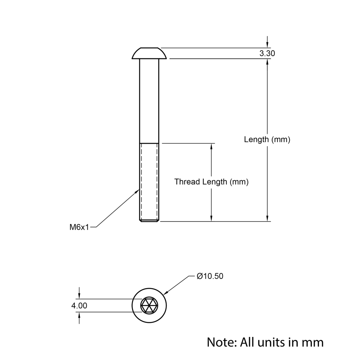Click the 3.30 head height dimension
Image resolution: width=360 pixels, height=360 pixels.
click(267, 53)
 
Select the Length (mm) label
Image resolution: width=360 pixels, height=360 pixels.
click(267, 139)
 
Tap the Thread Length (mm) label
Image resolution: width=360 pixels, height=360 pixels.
click(211, 182)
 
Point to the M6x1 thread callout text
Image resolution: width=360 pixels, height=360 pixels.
click(79, 227)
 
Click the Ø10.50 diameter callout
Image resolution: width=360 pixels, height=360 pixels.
click(210, 276)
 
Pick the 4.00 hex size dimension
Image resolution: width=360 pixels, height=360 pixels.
click(79, 306)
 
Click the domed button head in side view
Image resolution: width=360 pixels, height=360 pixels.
click(149, 53)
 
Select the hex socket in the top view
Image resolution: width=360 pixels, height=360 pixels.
click(149, 306)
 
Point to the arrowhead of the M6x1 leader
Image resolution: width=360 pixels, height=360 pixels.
click(138, 191)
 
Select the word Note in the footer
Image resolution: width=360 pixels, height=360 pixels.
click(220, 342)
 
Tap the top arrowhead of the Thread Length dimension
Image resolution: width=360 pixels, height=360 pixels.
click(211, 146)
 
